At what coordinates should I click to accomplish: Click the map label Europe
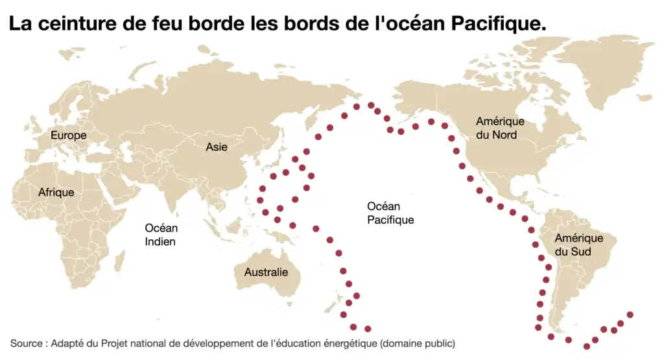click(x=69, y=136)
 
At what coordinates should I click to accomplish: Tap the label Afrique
click(x=56, y=193)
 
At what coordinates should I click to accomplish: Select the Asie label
click(x=217, y=147)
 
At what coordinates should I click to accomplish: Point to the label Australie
click(x=266, y=272)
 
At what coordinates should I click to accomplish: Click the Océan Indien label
click(x=161, y=235)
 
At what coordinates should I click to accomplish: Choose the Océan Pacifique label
click(x=390, y=213)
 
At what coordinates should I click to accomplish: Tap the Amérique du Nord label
click(x=500, y=128)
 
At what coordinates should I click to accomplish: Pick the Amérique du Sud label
click(x=578, y=245)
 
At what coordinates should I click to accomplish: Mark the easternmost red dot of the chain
click(x=630, y=315)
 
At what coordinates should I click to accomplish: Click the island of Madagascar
click(x=119, y=261)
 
